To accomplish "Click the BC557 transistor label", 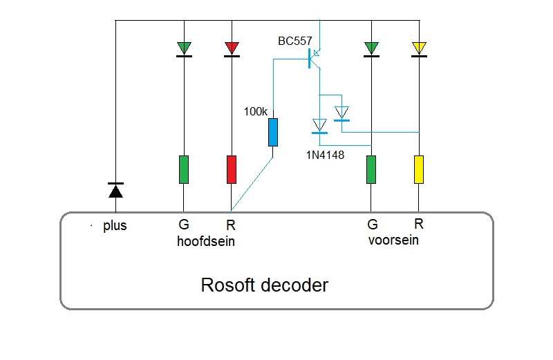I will [295, 41].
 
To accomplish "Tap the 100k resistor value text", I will [255, 111].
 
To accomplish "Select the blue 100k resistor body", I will [273, 132].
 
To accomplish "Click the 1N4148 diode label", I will [325, 155].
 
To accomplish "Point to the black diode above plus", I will [115, 189].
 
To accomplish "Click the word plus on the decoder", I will [115, 226].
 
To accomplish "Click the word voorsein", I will [393, 241].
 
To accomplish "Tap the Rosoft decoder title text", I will [264, 285].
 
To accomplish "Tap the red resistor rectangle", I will [232, 169].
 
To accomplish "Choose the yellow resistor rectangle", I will [418, 169].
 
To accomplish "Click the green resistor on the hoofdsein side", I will [184, 169].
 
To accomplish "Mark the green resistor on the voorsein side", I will [371, 169].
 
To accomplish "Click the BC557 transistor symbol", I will [312, 59].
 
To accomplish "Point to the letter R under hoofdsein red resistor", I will [231, 225].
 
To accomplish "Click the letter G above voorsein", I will [372, 225].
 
